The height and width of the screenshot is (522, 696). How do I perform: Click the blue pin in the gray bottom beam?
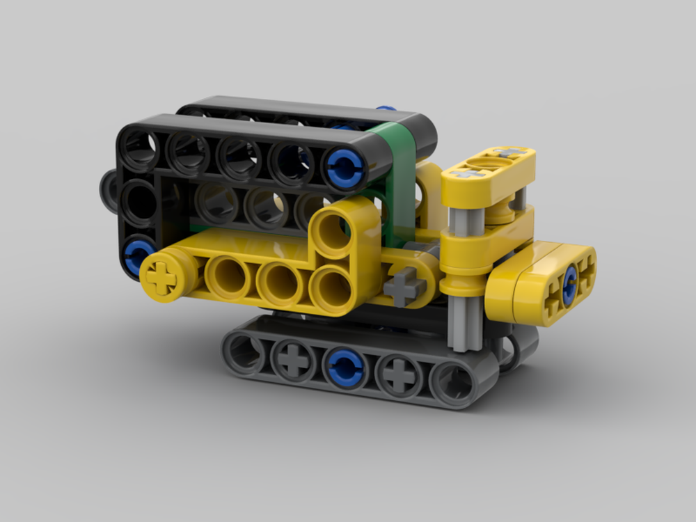click(346, 367)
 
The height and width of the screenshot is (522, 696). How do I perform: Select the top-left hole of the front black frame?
click(141, 149)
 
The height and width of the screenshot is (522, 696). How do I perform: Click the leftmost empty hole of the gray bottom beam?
click(244, 352)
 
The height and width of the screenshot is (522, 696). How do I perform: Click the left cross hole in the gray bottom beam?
click(294, 360)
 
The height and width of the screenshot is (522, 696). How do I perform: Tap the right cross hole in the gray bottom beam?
click(398, 376)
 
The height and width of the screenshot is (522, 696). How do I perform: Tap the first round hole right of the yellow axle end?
click(228, 277)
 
